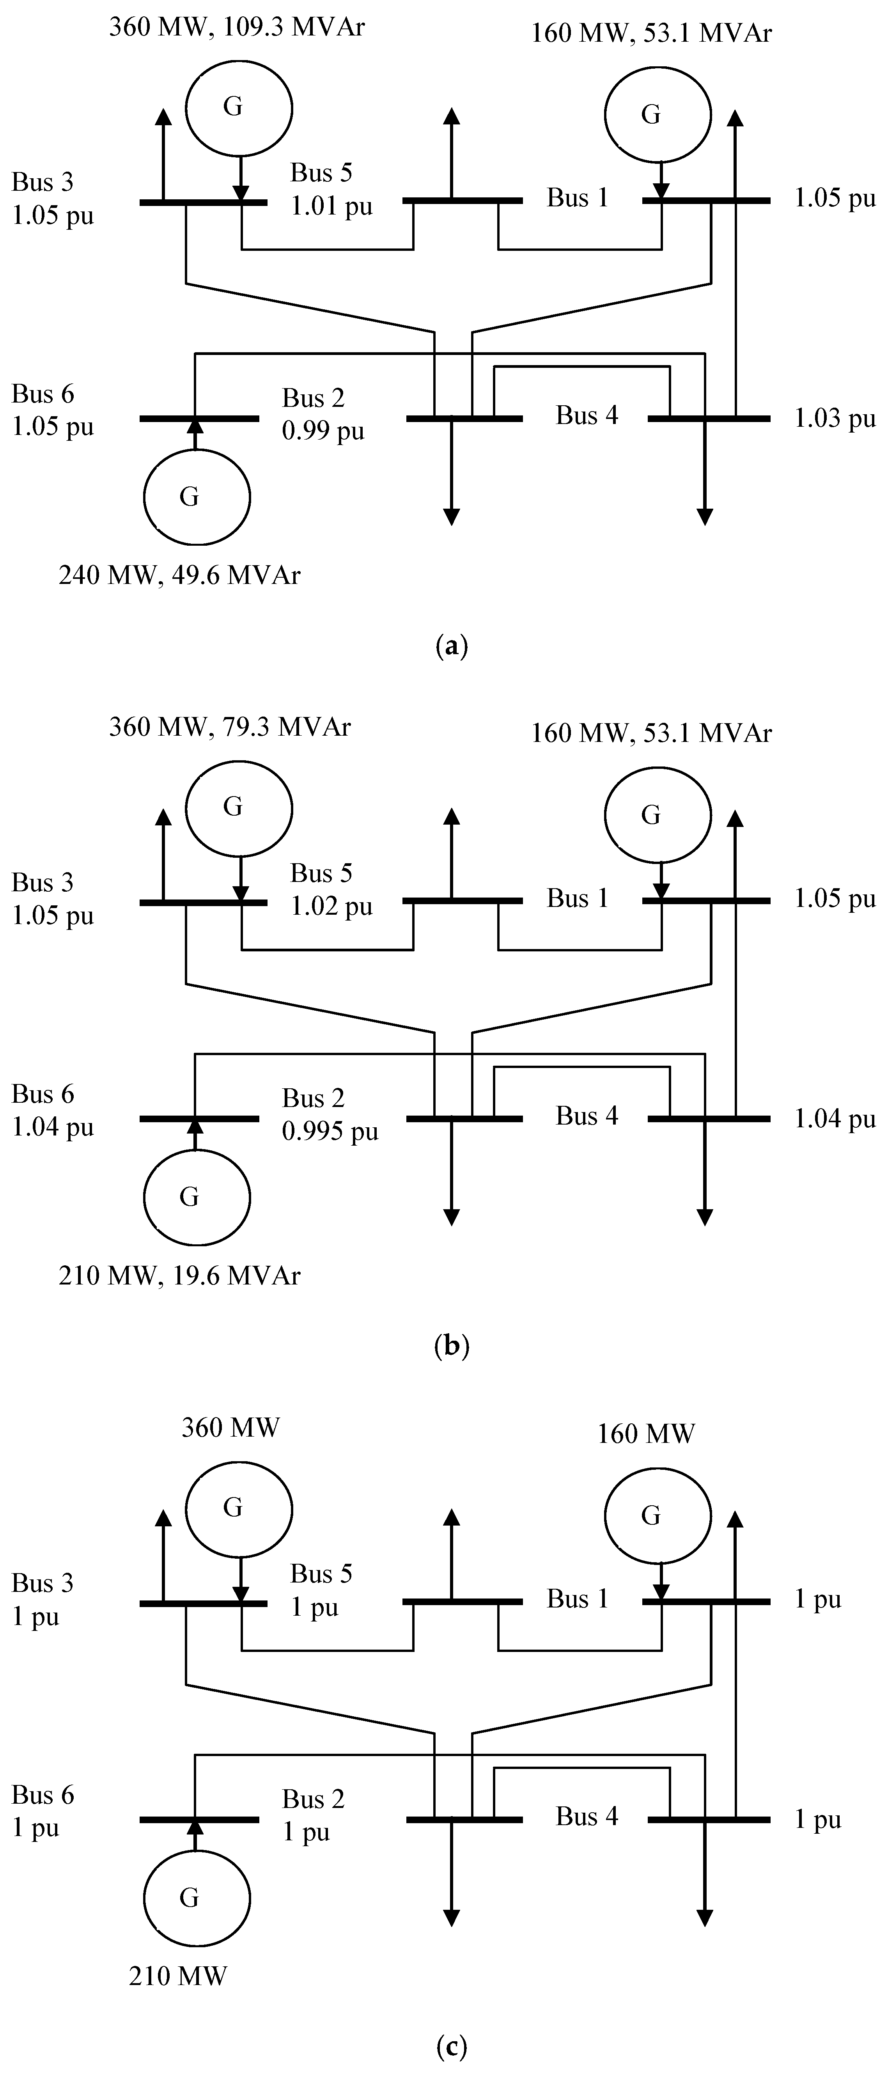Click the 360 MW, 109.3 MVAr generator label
237,27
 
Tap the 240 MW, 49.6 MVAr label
179,575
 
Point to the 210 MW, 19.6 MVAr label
179,1275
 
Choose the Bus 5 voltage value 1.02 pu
331,907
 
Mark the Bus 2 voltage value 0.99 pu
323,431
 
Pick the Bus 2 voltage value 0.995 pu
330,1132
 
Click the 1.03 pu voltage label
835,419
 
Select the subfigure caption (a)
451,646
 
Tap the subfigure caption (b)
451,1346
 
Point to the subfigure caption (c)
451,2046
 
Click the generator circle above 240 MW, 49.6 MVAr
197,497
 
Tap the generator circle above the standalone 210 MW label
197,1898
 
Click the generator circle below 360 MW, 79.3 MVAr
239,807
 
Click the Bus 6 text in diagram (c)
43,1795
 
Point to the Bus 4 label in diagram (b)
587,1116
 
